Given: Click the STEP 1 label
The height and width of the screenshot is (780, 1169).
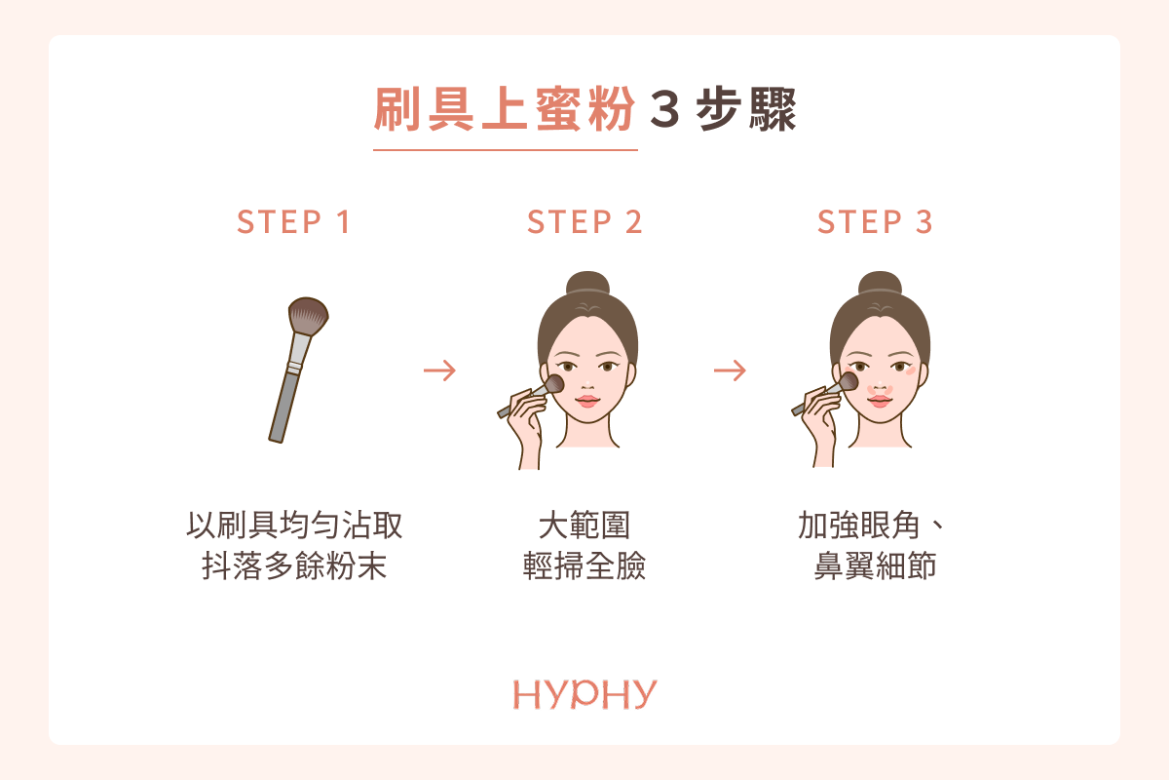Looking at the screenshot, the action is pos(293,222).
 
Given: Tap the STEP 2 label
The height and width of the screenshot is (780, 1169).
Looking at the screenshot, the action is pos(584,222).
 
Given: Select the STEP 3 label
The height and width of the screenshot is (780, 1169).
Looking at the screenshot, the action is pos(875,222).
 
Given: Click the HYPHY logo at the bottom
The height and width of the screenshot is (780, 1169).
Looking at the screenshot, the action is pos(584,694).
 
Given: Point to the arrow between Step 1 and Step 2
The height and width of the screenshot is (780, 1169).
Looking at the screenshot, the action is pos(439,370).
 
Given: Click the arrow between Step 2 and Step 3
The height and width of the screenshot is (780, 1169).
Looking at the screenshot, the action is pos(730,370).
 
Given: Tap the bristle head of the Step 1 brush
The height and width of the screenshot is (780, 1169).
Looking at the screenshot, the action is pos(308,316).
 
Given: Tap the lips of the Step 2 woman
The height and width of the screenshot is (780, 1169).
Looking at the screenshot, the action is pos(587,402).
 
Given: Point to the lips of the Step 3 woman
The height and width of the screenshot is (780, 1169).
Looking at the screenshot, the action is pos(880,402).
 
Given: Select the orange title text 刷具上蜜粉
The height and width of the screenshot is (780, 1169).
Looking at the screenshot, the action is pos(505,110).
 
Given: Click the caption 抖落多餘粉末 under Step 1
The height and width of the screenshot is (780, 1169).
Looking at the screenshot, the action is pos(294,565).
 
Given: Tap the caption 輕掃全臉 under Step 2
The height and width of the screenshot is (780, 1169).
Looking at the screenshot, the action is pos(584,565).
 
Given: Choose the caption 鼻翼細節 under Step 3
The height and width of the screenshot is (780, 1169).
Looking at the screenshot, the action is pos(875,565).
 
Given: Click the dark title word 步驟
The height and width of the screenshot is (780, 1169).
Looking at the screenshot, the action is pos(746,110).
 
